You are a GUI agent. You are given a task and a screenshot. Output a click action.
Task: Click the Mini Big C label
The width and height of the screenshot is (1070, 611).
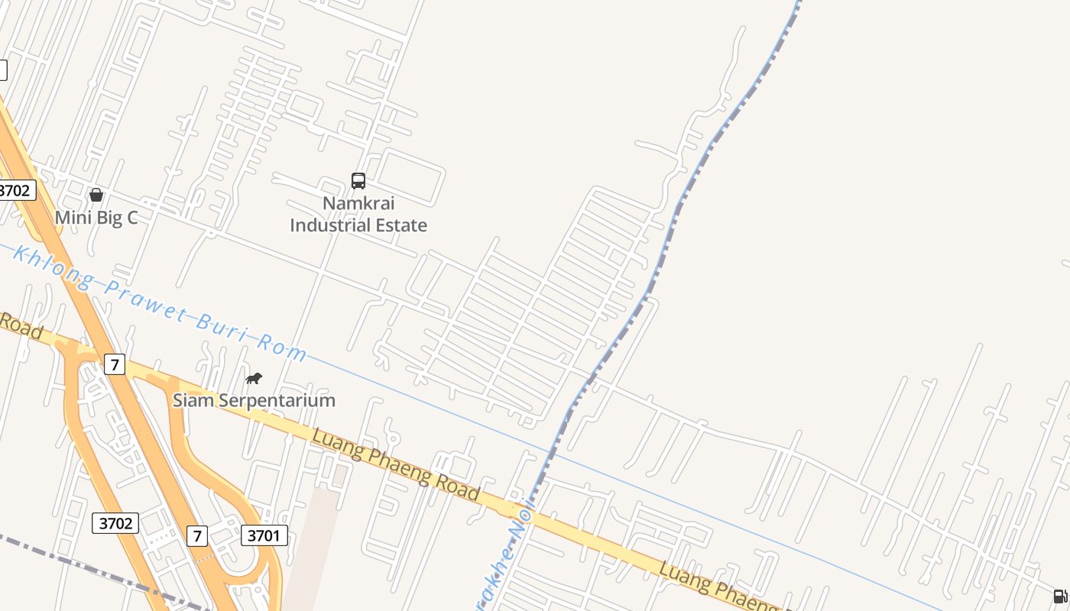[x=96, y=218]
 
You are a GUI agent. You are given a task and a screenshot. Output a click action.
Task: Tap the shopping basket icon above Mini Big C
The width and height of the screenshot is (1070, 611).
[x=96, y=195]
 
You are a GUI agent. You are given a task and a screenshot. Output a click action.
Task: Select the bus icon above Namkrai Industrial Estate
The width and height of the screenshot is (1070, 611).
[x=358, y=181]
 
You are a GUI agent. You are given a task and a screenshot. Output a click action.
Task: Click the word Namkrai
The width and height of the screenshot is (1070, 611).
[x=358, y=203]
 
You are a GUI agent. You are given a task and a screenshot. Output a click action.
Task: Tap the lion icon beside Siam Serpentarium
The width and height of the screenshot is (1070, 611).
[x=254, y=378]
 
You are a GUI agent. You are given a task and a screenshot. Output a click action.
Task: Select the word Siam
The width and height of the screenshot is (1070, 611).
[x=193, y=400]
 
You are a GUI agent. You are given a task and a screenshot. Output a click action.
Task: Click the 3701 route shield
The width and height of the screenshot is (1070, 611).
[x=264, y=535]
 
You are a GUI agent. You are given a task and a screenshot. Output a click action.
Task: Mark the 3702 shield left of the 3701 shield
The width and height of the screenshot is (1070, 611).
[x=116, y=523]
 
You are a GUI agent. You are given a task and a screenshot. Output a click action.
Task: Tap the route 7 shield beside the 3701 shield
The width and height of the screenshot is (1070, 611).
[x=197, y=536]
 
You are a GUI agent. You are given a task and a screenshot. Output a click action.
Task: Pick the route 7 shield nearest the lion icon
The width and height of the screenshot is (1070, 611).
[x=115, y=364]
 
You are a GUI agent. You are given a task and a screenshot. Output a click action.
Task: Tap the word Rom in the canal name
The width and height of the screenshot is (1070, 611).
[x=283, y=348]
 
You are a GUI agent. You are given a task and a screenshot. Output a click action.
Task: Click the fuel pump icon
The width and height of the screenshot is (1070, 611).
[x=1060, y=596]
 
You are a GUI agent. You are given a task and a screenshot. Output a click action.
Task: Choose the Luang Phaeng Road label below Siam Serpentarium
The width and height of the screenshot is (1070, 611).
[x=396, y=464]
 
